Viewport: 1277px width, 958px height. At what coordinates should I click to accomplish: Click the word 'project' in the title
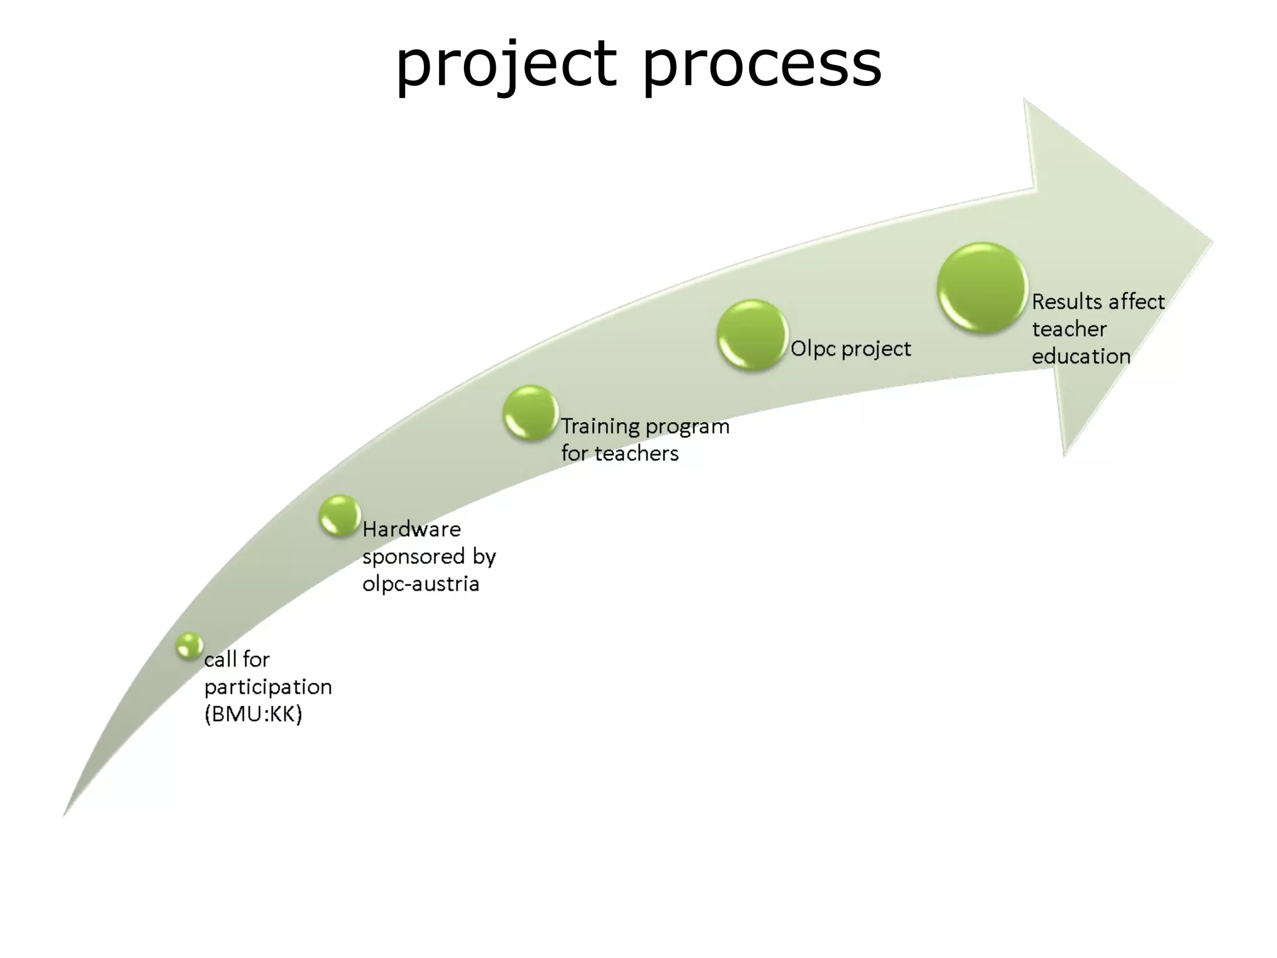pyautogui.click(x=506, y=64)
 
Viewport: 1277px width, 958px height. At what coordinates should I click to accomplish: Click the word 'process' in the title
pyautogui.click(x=762, y=64)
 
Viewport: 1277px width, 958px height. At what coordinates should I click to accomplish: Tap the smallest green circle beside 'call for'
pyautogui.click(x=189, y=646)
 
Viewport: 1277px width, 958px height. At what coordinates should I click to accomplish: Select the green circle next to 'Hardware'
pyautogui.click(x=340, y=516)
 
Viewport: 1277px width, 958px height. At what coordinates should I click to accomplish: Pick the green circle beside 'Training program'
pyautogui.click(x=531, y=413)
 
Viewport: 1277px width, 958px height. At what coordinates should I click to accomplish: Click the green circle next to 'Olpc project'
pyautogui.click(x=752, y=335)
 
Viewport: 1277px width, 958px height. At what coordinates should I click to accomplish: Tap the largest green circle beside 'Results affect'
pyautogui.click(x=982, y=288)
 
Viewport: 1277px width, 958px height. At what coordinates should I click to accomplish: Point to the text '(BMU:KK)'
pyautogui.click(x=253, y=714)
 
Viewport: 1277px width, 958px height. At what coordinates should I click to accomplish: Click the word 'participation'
pyautogui.click(x=268, y=687)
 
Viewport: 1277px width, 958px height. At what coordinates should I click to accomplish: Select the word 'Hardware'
pyautogui.click(x=412, y=530)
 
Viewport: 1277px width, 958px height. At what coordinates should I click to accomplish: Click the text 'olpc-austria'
pyautogui.click(x=421, y=584)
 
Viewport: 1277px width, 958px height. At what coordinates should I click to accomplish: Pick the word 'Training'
pyautogui.click(x=600, y=427)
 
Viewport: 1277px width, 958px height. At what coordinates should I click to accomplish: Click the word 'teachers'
pyautogui.click(x=636, y=453)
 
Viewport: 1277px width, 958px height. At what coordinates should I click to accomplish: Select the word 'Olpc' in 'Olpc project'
pyautogui.click(x=813, y=349)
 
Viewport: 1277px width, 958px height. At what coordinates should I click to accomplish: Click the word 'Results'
pyautogui.click(x=1067, y=302)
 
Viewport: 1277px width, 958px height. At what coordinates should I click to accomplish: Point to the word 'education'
pyautogui.click(x=1081, y=357)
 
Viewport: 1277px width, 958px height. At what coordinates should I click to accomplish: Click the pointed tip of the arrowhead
pyautogui.click(x=1212, y=242)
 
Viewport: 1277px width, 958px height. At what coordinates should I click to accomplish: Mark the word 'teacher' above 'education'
pyautogui.click(x=1069, y=329)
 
